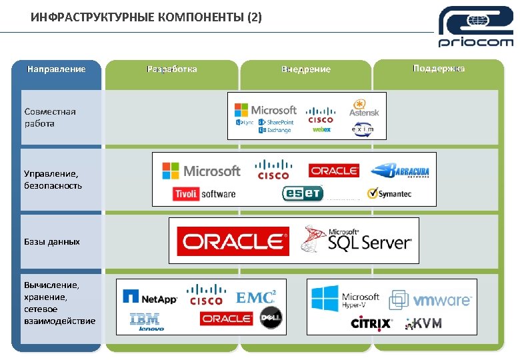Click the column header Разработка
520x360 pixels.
(171, 69)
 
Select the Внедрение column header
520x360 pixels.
(306, 69)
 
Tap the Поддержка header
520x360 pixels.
(439, 69)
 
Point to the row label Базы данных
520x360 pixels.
(52, 241)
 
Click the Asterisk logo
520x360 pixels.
(363, 108)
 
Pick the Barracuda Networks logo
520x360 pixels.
(400, 171)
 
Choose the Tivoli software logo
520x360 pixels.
(204, 194)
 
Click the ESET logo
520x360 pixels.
(303, 193)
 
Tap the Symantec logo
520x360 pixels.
(389, 194)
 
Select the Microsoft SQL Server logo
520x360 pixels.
(357, 240)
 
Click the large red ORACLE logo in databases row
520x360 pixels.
(233, 241)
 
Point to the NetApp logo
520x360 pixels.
(150, 297)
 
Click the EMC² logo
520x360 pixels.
(256, 297)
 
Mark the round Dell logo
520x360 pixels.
(271, 318)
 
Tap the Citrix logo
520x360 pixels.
(371, 324)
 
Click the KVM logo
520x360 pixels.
(424, 323)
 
